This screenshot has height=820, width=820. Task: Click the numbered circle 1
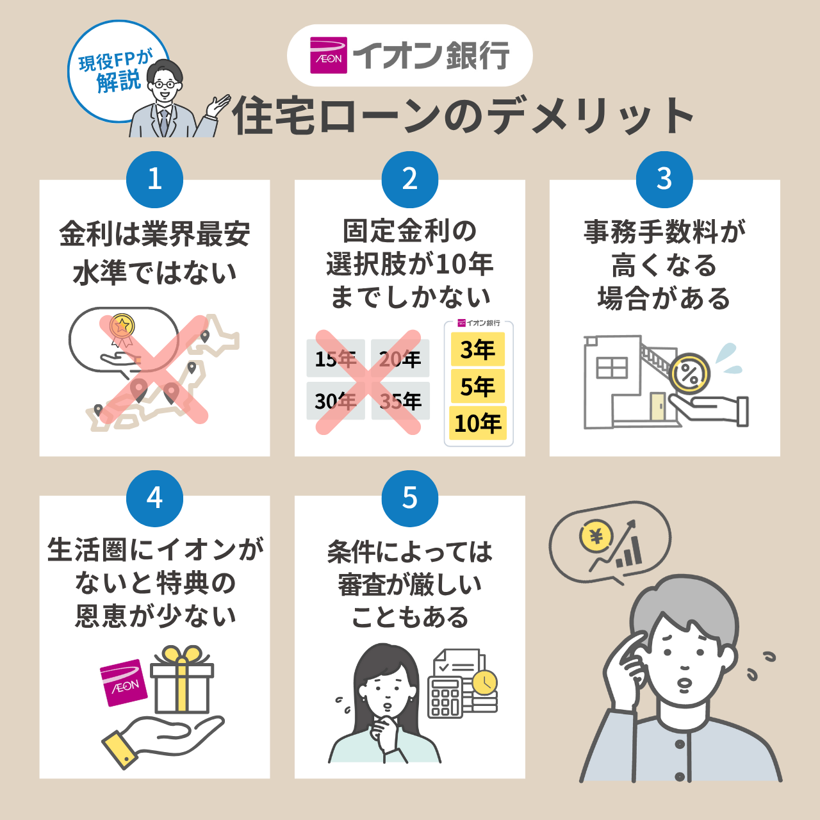tap(154, 179)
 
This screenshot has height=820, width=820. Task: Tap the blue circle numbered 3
tap(664, 179)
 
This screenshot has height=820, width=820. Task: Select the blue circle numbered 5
tap(410, 498)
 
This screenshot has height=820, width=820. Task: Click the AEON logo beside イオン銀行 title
tap(329, 55)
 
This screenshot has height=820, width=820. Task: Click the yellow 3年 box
tap(478, 350)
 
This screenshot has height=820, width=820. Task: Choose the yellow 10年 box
tap(478, 423)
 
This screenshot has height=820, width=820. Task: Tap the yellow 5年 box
tap(478, 386)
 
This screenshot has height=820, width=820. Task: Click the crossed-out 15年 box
tap(336, 358)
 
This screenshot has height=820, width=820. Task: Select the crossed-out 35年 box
tap(400, 401)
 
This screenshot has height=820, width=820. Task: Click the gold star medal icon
tap(121, 326)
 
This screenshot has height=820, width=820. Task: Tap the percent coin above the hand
tap(689, 374)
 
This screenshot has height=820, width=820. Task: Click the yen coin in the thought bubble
tap(596, 536)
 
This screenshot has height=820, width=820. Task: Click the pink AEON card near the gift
tap(124, 683)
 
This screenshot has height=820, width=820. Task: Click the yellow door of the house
tap(657, 406)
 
